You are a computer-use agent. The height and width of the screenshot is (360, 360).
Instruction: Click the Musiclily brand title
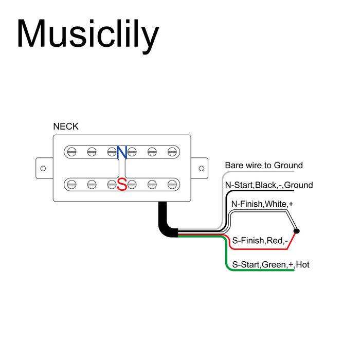(x=88, y=34)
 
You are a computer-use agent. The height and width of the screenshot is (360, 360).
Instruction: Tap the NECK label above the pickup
(x=66, y=126)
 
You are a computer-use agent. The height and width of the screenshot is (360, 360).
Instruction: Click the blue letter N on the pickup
(x=122, y=152)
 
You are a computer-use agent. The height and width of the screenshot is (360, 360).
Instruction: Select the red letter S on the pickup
(x=122, y=184)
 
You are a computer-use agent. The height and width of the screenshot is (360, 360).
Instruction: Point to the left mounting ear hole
(x=43, y=168)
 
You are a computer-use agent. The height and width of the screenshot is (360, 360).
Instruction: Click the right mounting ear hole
(x=201, y=168)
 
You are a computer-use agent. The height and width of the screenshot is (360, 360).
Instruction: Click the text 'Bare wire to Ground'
(x=264, y=166)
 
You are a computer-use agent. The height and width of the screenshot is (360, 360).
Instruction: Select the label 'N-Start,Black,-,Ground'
(x=268, y=185)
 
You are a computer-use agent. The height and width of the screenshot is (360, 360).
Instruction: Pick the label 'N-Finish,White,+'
(x=262, y=205)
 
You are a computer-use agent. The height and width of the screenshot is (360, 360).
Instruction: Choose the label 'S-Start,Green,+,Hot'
(x=271, y=265)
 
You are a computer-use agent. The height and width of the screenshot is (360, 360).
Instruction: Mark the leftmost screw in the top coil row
(x=72, y=152)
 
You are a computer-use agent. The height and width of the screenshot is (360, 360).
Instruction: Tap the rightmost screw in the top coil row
(x=172, y=152)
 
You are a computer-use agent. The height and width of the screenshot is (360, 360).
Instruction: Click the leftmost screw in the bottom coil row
(x=72, y=184)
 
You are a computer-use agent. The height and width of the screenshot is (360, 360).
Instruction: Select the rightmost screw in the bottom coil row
(x=172, y=184)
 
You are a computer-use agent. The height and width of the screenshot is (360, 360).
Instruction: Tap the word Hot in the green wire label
(x=303, y=265)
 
